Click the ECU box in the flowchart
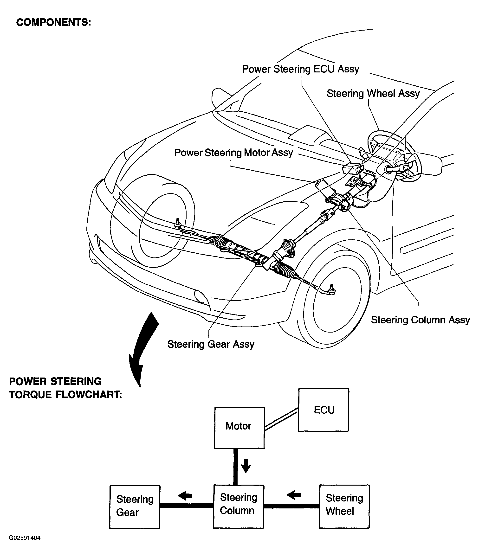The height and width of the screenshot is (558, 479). pyautogui.click(x=323, y=410)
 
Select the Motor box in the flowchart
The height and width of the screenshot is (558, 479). pyautogui.click(x=239, y=428)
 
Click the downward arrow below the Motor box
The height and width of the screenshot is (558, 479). pyautogui.click(x=246, y=466)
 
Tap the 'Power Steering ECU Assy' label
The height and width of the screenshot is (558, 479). pyautogui.click(x=301, y=69)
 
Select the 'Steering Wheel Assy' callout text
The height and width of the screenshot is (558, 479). pyautogui.click(x=373, y=93)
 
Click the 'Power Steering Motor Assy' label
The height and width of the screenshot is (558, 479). pyautogui.click(x=233, y=153)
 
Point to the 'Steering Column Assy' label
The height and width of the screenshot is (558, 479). pyautogui.click(x=420, y=320)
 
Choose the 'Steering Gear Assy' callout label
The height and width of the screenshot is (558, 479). pyautogui.click(x=211, y=344)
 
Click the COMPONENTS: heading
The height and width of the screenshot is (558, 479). pyautogui.click(x=54, y=22)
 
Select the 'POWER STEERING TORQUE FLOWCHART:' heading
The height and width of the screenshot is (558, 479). pyautogui.click(x=65, y=388)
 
